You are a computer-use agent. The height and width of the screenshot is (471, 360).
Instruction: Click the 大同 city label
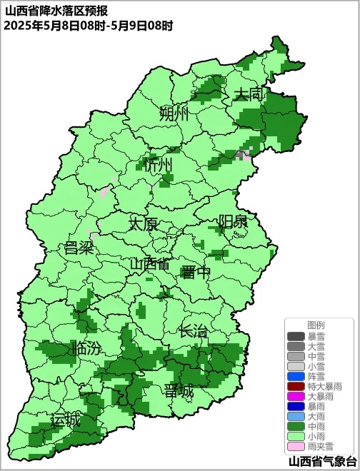click(250, 94)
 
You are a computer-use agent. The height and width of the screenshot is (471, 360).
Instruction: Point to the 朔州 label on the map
click(174, 114)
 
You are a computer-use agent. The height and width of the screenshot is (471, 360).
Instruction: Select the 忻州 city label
click(158, 166)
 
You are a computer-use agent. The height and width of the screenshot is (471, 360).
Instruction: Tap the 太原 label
click(143, 224)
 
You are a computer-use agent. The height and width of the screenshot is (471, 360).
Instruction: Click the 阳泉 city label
click(233, 221)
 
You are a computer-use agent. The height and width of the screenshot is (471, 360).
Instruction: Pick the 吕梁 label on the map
click(79, 248)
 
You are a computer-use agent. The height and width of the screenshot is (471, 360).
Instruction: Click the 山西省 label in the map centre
click(150, 264)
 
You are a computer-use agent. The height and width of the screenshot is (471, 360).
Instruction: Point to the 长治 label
click(193, 331)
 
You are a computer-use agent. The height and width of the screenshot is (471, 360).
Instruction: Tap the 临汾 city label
click(87, 349)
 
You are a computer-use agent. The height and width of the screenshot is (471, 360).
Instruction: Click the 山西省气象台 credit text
click(319, 462)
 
